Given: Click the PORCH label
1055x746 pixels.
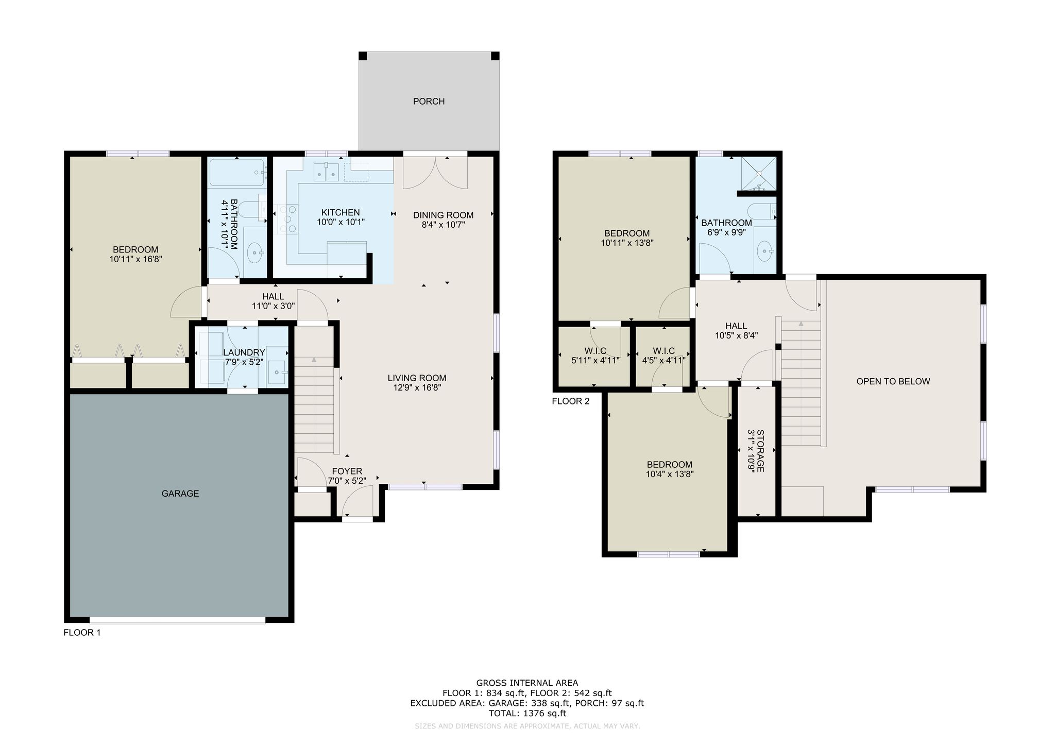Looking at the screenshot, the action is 429,101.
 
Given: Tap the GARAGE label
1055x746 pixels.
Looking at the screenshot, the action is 180,494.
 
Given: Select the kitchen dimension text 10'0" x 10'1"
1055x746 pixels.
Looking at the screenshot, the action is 341,222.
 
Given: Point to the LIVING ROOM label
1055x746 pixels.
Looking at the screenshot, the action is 417,378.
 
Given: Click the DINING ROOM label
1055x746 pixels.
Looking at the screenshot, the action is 443,215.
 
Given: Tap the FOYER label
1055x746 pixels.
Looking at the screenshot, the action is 347,471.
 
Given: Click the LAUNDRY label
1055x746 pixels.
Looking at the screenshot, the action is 244,352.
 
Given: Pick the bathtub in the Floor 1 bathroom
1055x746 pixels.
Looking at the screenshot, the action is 237,172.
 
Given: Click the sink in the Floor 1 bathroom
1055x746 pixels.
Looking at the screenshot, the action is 255,252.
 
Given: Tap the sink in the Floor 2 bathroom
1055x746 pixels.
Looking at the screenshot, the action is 764,252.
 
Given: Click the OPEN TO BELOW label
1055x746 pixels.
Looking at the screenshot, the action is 893,381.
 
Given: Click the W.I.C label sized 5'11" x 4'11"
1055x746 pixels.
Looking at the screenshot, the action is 595,351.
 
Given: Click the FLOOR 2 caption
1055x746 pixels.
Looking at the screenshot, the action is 570,401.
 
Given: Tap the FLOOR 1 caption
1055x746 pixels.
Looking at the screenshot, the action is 82,633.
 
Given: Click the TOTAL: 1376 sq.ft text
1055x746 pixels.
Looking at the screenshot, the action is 527,714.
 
